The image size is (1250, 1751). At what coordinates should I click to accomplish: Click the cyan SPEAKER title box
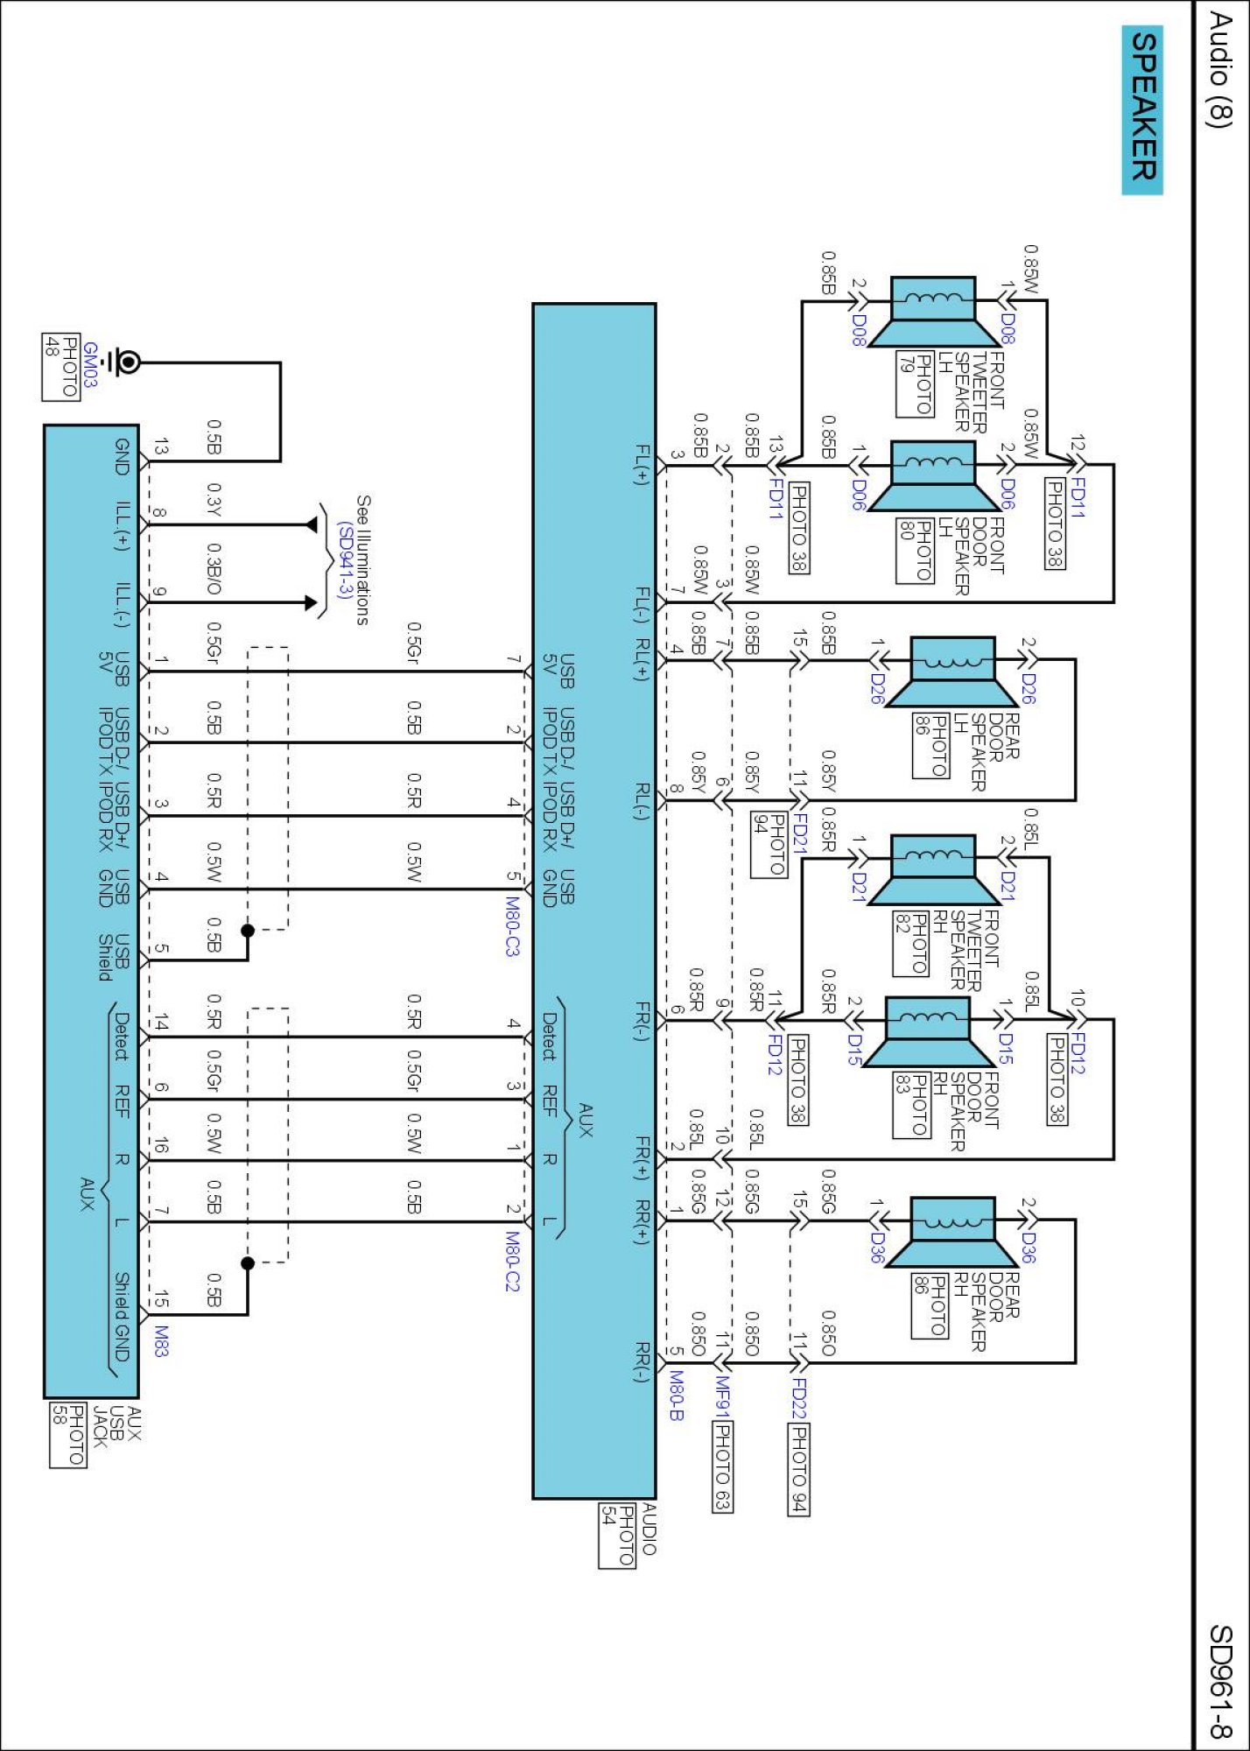(x=1142, y=109)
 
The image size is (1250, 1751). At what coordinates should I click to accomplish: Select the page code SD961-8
(x=1220, y=1681)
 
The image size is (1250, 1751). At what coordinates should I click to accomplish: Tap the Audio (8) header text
(x=1220, y=70)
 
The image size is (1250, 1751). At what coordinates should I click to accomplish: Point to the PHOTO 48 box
(x=61, y=368)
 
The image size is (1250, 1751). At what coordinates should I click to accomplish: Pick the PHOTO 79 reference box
(x=914, y=383)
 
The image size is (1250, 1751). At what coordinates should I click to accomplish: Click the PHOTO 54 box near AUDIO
(x=617, y=1536)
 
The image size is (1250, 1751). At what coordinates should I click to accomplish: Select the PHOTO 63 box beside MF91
(x=722, y=1466)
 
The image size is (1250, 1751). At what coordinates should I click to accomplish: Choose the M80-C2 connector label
(x=513, y=1262)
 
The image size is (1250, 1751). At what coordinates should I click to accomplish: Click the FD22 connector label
(x=798, y=1397)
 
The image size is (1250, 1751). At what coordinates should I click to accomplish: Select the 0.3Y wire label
(x=214, y=500)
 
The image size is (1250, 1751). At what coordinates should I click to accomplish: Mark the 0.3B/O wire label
(x=214, y=569)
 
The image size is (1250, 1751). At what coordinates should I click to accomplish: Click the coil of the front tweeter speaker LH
(x=933, y=299)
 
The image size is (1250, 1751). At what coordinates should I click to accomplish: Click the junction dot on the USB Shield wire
(x=248, y=931)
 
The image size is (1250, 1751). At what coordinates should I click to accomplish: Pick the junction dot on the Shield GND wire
(x=248, y=1262)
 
